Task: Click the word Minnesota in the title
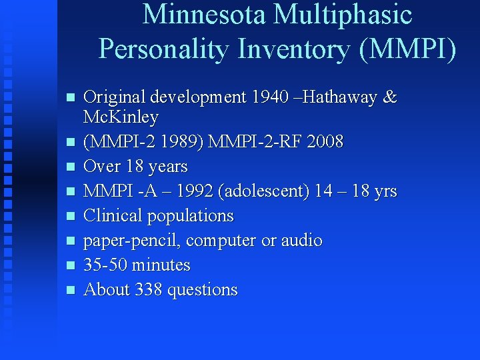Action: pyautogui.click(x=204, y=15)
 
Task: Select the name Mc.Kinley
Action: pyautogui.click(x=121, y=118)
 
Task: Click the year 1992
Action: pyautogui.click(x=185, y=192)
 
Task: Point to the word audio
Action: pyautogui.click(x=303, y=241)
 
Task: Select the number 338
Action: pyautogui.click(x=149, y=290)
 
